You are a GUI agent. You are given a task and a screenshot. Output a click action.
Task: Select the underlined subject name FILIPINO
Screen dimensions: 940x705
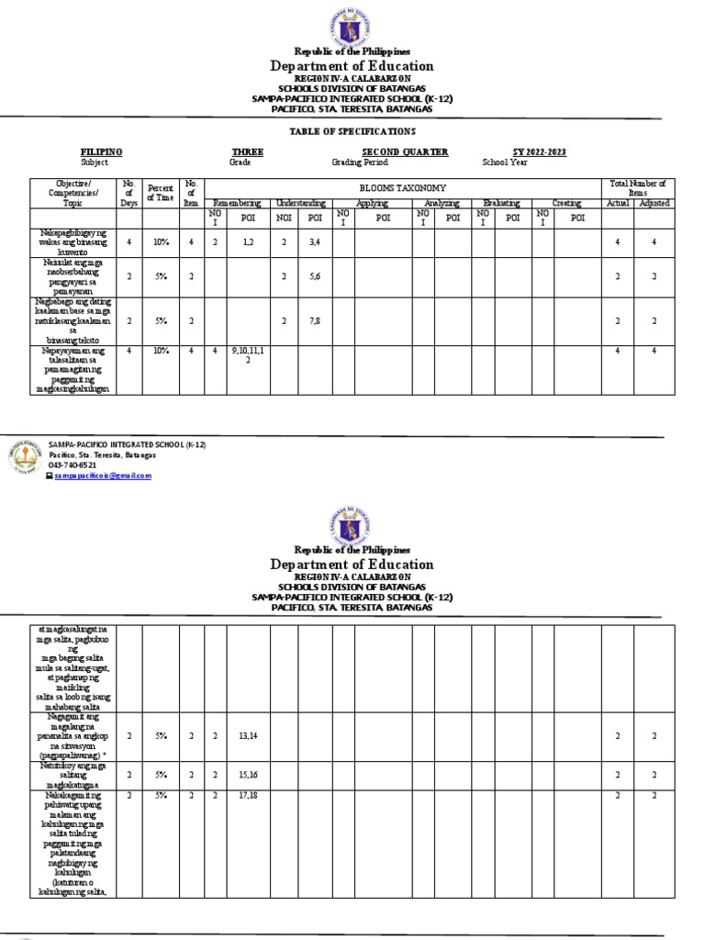pos(102,151)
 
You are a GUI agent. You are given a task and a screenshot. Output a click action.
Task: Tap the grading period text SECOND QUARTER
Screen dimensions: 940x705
pos(405,151)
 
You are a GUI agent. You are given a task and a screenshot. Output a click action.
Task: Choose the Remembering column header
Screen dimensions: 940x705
pos(237,202)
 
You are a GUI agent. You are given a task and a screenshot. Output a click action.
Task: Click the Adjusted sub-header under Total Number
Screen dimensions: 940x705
pos(654,202)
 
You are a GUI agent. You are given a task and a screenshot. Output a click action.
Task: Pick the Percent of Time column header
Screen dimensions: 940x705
pos(161,192)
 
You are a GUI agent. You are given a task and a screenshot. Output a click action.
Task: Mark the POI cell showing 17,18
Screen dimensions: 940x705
pos(248,795)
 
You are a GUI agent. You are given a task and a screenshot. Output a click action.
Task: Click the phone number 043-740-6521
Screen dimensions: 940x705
pos(73,465)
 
